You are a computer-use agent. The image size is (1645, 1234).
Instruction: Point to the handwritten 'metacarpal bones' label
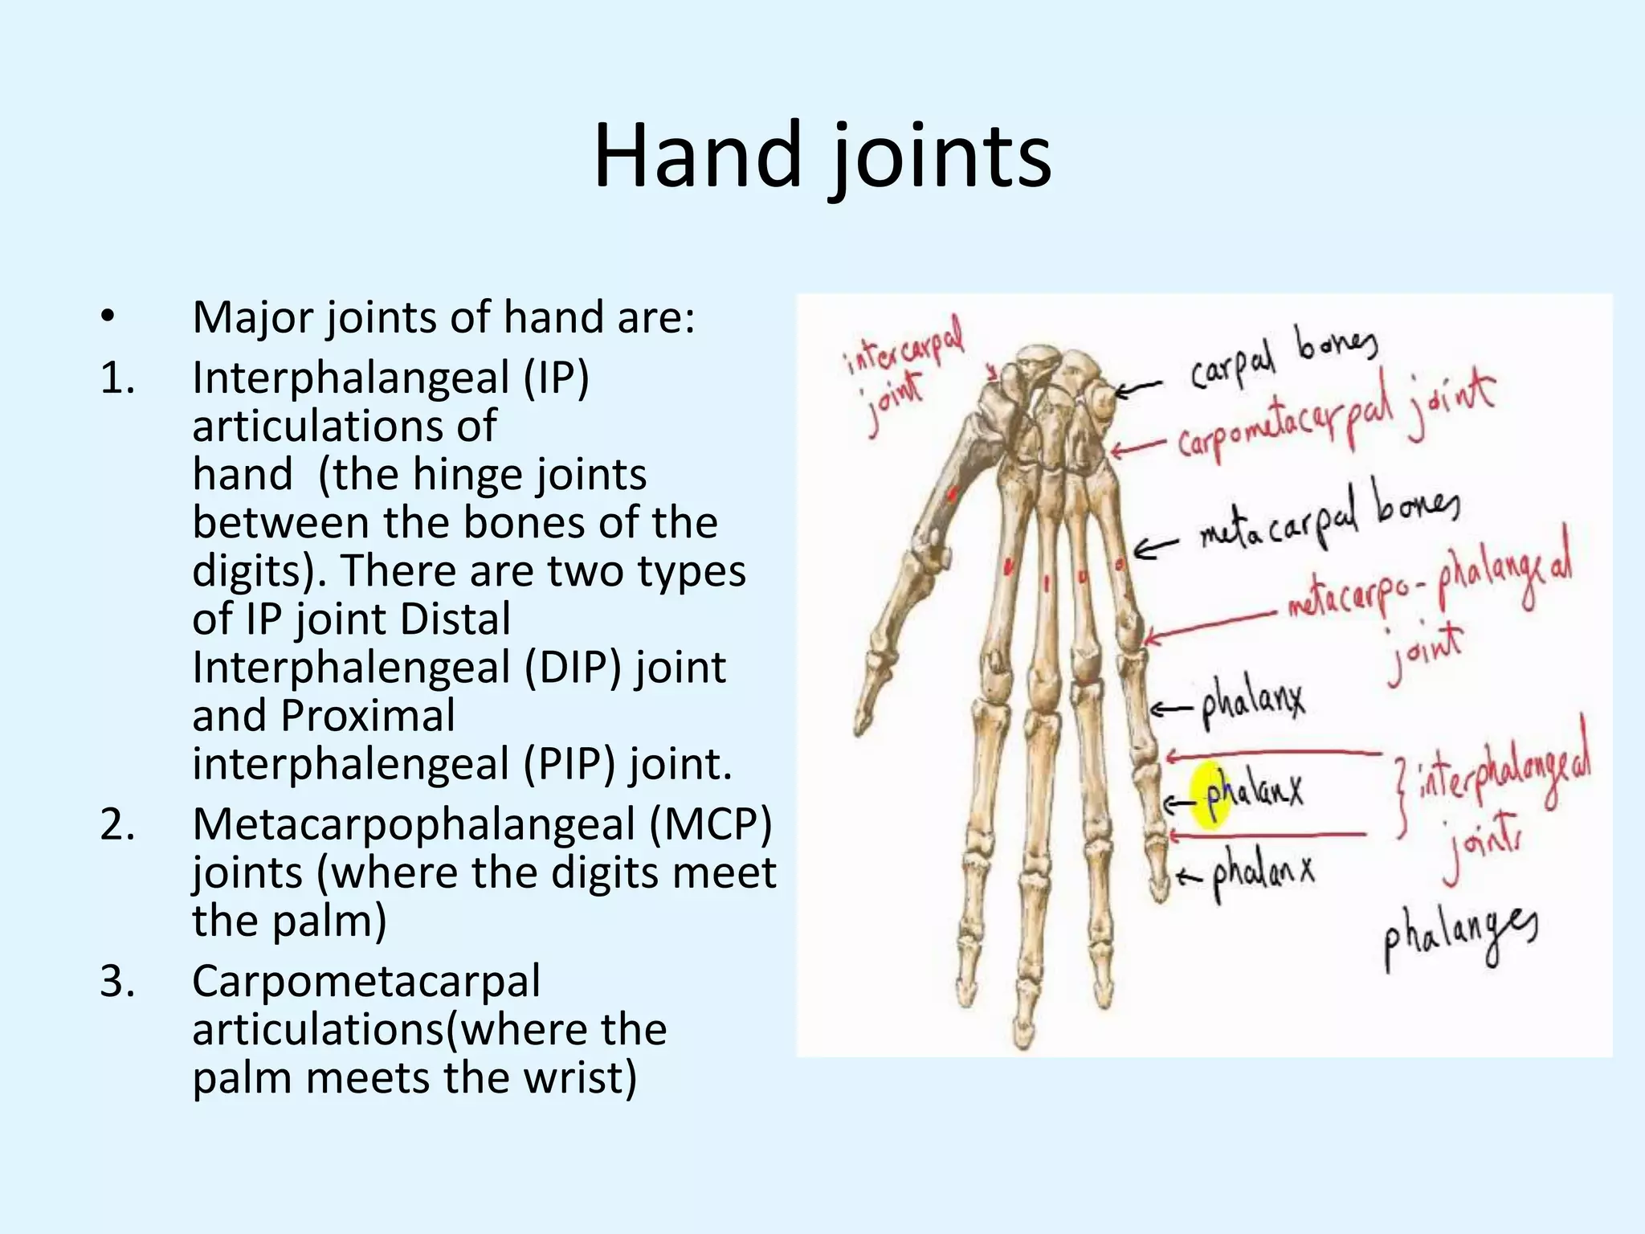(x=1329, y=518)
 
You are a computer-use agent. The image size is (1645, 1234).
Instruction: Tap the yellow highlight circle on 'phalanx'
(x=1210, y=795)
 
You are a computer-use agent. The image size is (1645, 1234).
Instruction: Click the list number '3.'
(x=117, y=981)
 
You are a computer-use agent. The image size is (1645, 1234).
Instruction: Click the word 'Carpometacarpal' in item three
(x=366, y=981)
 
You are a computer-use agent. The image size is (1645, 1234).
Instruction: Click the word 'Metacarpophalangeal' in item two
(x=414, y=824)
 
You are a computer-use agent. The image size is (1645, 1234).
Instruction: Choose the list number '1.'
(x=117, y=378)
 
